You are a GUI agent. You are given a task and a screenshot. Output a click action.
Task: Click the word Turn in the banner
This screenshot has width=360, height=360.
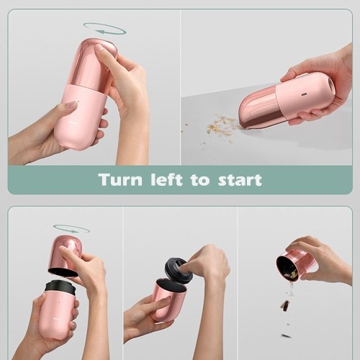[120, 179]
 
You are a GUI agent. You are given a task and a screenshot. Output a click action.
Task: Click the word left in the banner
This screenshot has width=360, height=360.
[166, 179]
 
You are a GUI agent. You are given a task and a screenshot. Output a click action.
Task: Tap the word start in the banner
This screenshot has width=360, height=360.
[240, 180]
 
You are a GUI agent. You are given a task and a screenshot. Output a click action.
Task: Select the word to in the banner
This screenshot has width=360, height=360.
[199, 180]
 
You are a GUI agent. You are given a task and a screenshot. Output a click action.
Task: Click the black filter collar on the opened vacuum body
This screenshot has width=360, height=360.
[60, 287]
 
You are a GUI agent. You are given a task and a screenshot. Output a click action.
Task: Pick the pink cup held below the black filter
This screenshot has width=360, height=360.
[167, 300]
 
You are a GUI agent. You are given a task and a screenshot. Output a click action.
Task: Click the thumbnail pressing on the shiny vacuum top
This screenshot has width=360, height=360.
[99, 49]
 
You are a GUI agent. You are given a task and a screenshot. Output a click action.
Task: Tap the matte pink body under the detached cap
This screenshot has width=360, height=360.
[58, 312]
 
